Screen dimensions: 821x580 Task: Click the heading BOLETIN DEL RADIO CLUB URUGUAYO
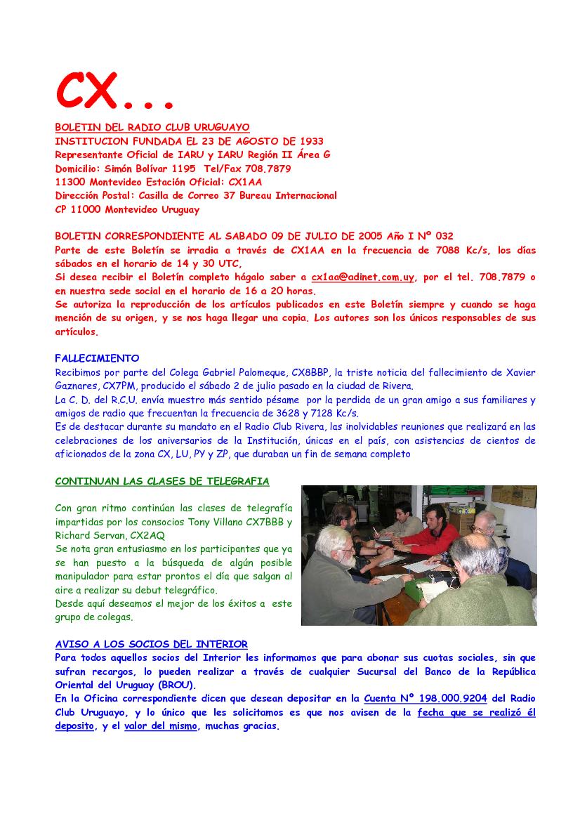click(x=152, y=127)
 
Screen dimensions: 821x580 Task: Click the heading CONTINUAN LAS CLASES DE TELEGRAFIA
click(x=162, y=481)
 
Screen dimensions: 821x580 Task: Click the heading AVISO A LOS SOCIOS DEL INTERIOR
click(x=151, y=644)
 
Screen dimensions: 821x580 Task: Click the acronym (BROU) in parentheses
click(x=178, y=685)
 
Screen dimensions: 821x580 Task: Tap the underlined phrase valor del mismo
click(x=161, y=726)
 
